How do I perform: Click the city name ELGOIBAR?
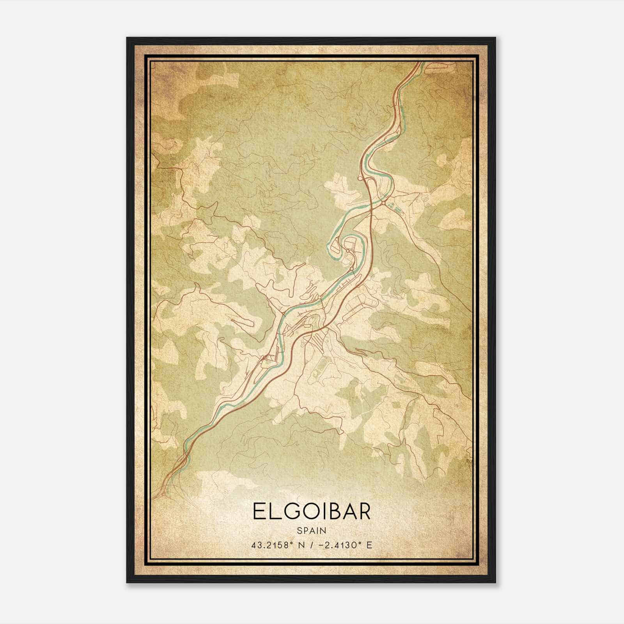312,511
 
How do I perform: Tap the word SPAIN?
312,530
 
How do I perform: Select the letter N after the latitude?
305,545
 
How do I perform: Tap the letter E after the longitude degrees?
369,545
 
